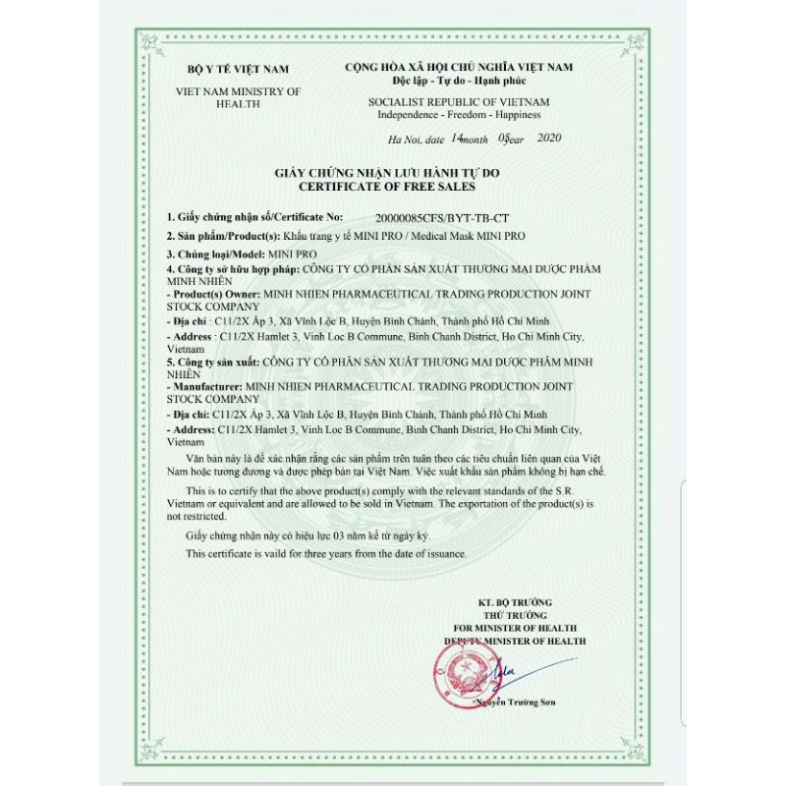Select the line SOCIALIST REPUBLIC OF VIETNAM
click(458, 102)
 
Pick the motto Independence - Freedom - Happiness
click(458, 114)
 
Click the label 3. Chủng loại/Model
click(216, 253)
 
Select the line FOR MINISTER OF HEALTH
click(515, 627)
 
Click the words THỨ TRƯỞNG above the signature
click(515, 614)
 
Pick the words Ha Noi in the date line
click(404, 140)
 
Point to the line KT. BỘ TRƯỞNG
click(515, 601)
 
